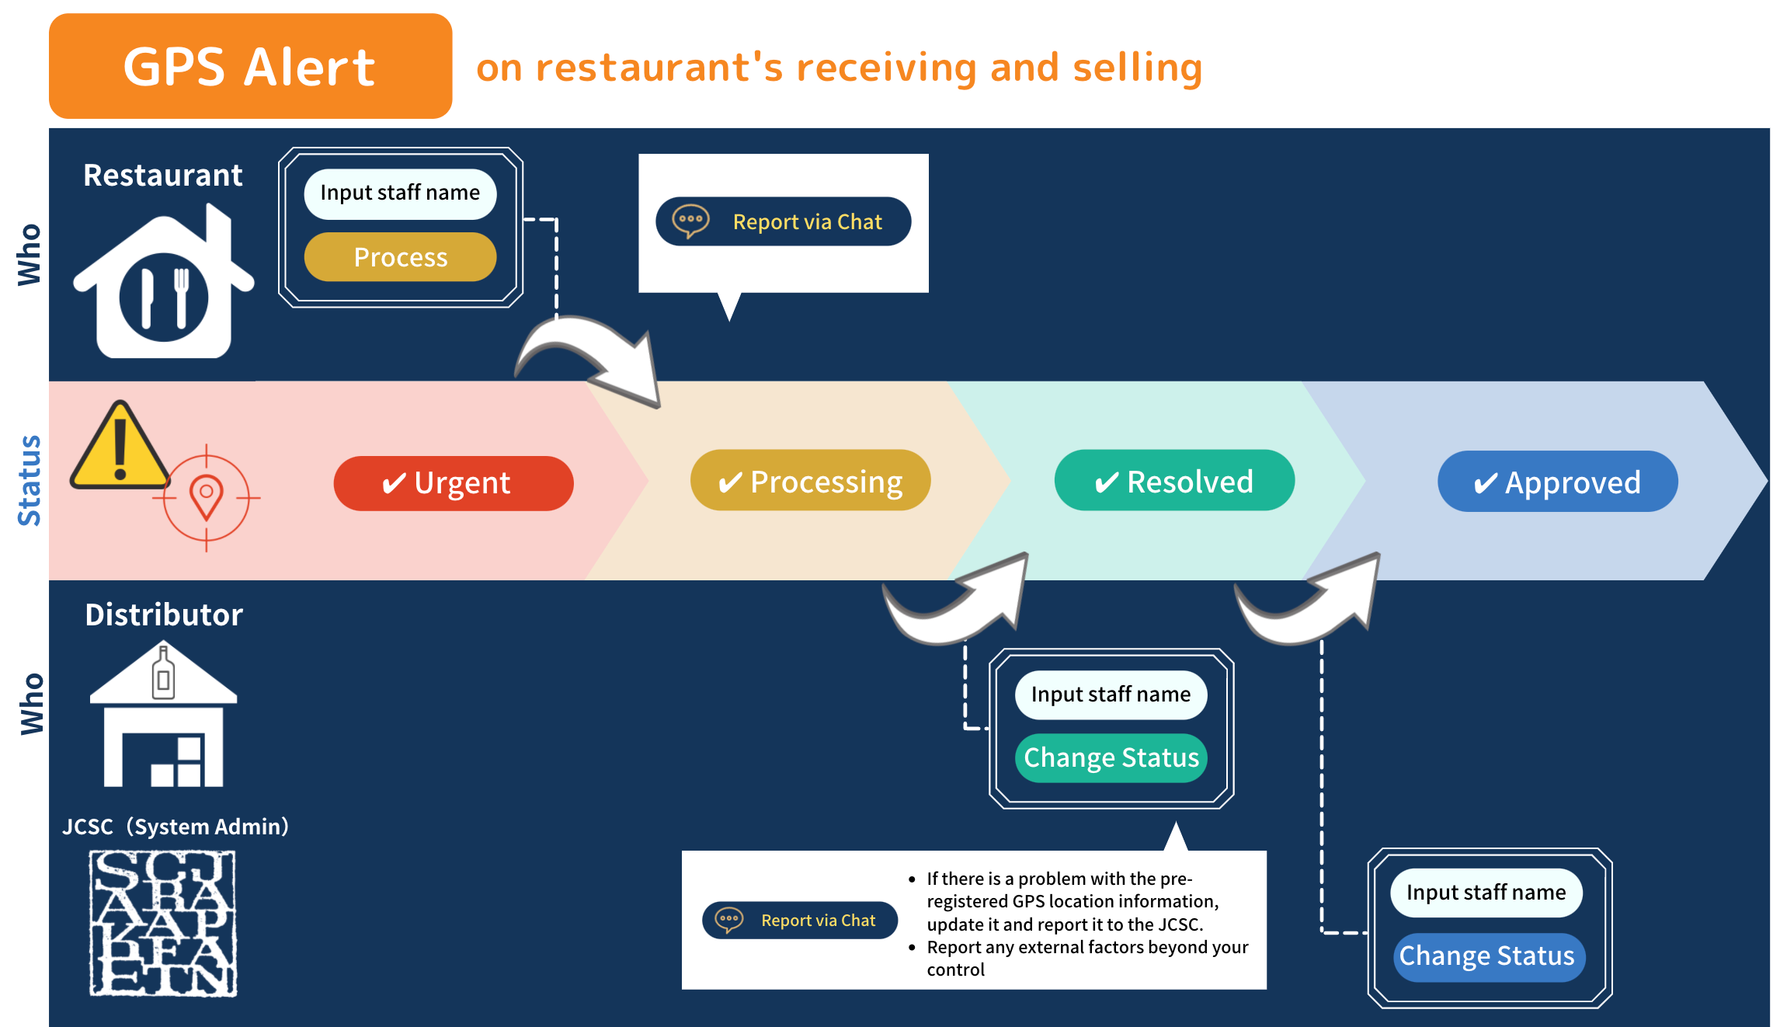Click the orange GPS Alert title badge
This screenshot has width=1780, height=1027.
coord(250,66)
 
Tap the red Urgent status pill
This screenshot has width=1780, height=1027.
coord(453,483)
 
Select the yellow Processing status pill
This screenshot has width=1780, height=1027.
coord(810,481)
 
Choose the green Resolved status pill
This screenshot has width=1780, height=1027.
coord(1173,481)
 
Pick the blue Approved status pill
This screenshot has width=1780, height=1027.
coord(1557,482)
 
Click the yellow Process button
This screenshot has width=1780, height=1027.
coord(400,257)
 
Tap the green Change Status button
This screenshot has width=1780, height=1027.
coord(1111,757)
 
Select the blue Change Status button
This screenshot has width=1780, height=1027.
coord(1486,956)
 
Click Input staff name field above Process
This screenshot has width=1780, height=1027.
coord(400,193)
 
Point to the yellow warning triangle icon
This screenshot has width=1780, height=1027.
coord(120,447)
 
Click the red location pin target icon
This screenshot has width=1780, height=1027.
coord(207,496)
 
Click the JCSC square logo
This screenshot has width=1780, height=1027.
coord(163,923)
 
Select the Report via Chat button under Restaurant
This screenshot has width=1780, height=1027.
coord(783,221)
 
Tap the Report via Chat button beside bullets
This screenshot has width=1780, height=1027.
coord(800,921)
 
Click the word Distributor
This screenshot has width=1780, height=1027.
coord(164,614)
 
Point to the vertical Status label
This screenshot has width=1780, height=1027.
coord(30,480)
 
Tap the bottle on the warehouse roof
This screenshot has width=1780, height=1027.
coord(163,673)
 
